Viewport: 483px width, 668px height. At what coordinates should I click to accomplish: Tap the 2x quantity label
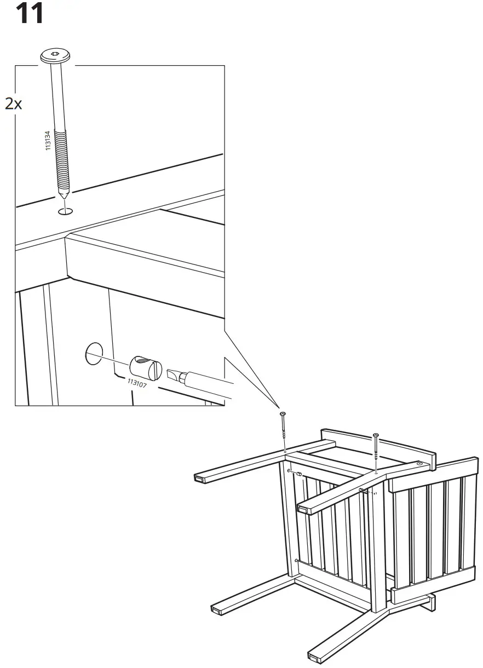point(14,103)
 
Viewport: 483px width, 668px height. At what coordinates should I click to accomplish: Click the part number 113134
point(48,141)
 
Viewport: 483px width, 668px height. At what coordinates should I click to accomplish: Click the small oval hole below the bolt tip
point(65,211)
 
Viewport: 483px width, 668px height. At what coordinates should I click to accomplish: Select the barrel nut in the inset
point(145,366)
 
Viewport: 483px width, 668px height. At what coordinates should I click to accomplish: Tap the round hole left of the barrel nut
point(94,355)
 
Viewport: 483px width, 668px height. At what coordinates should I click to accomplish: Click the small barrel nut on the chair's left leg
point(299,474)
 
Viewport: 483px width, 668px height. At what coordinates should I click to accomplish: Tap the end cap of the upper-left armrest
point(199,479)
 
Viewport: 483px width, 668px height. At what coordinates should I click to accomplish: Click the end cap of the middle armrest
point(302,509)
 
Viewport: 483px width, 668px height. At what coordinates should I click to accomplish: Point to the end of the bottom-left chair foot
point(216,609)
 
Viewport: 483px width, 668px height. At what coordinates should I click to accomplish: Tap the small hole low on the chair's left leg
point(296,561)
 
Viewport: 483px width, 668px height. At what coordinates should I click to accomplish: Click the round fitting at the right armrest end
point(419,464)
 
